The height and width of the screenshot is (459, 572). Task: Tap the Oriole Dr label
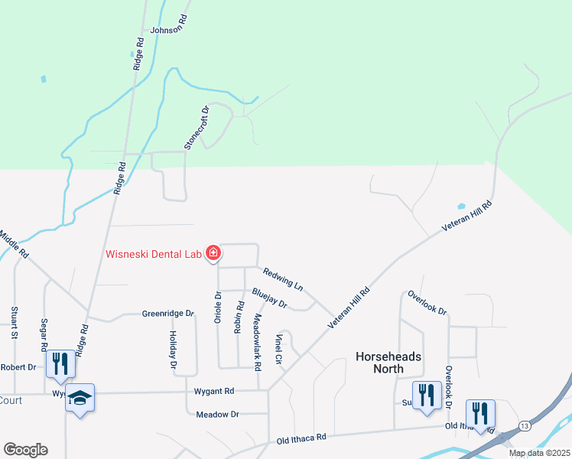218,308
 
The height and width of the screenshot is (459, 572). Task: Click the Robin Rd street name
239,316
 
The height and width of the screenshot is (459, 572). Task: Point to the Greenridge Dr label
169,314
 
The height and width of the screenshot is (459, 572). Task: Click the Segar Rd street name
44,335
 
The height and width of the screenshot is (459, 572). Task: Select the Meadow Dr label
218,414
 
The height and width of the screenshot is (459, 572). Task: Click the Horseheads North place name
389,363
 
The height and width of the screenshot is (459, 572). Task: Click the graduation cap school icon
80,398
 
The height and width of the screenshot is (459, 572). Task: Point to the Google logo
25,449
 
